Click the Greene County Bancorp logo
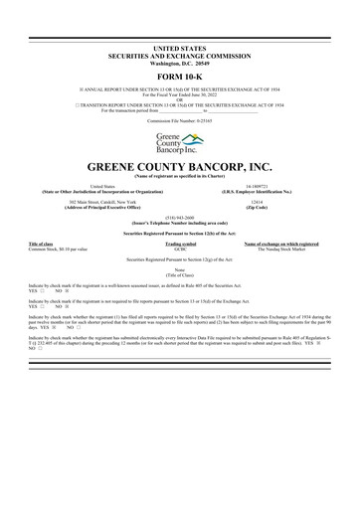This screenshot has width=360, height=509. pos(180,140)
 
